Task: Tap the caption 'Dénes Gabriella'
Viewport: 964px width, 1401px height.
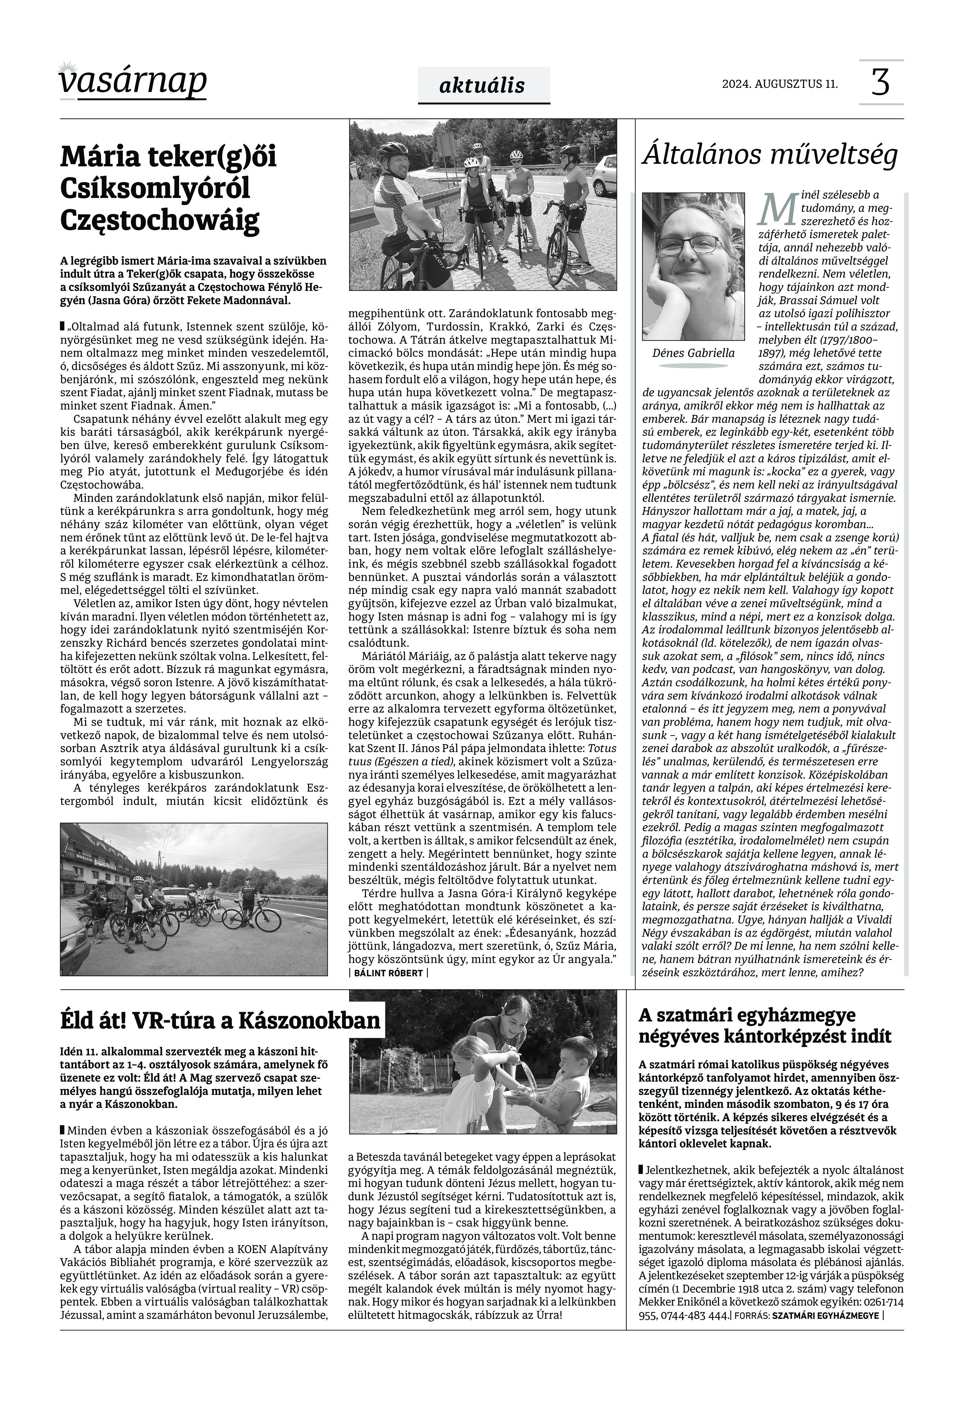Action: tap(693, 353)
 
